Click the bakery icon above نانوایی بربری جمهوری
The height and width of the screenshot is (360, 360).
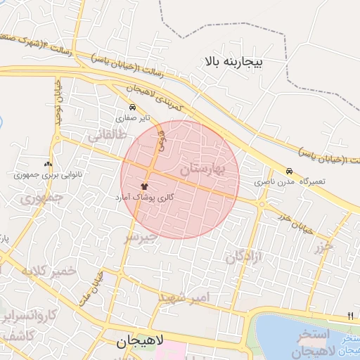[x=49, y=163]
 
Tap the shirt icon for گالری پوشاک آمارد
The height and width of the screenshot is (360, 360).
[x=145, y=187]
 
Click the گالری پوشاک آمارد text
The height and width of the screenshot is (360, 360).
[x=145, y=198]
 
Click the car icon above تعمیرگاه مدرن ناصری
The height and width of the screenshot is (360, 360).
[x=289, y=171]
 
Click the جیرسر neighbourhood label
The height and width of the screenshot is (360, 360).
[x=142, y=238]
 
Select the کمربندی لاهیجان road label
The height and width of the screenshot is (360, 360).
[x=155, y=96]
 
